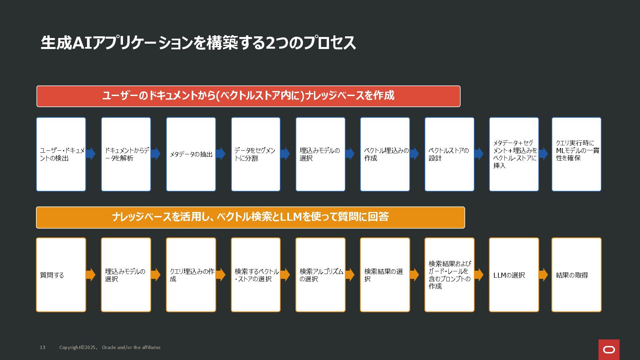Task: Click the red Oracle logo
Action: click(609, 350)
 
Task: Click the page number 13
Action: click(43, 347)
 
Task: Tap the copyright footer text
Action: click(110, 347)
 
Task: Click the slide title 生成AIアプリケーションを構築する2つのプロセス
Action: click(198, 43)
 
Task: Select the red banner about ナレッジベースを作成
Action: click(248, 96)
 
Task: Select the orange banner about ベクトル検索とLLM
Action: click(250, 217)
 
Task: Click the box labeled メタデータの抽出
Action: click(191, 154)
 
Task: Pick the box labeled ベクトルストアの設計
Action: click(449, 154)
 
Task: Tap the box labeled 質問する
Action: click(61, 275)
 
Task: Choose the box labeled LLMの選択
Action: click(514, 275)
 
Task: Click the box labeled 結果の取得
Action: click(576, 275)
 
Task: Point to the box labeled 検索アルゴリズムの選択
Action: click(320, 275)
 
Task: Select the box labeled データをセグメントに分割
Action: click(256, 154)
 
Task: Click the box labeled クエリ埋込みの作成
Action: click(191, 275)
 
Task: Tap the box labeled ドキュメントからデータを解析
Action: click(126, 154)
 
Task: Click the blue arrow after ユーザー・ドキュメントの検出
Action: click(91, 154)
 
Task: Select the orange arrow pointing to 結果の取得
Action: click(543, 275)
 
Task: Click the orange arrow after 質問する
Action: click(91, 275)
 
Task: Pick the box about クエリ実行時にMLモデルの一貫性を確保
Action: click(576, 154)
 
